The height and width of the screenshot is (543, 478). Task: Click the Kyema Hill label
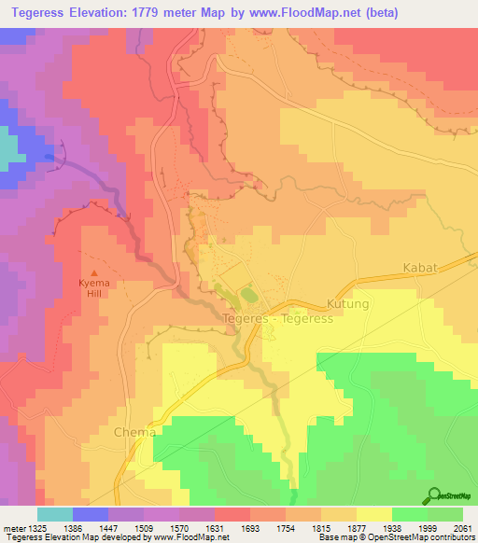(91, 285)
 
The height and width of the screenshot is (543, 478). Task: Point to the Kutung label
(349, 304)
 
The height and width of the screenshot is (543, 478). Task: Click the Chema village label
(131, 433)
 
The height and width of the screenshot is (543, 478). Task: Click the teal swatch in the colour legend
(54, 514)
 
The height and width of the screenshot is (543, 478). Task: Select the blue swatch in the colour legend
(91, 514)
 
